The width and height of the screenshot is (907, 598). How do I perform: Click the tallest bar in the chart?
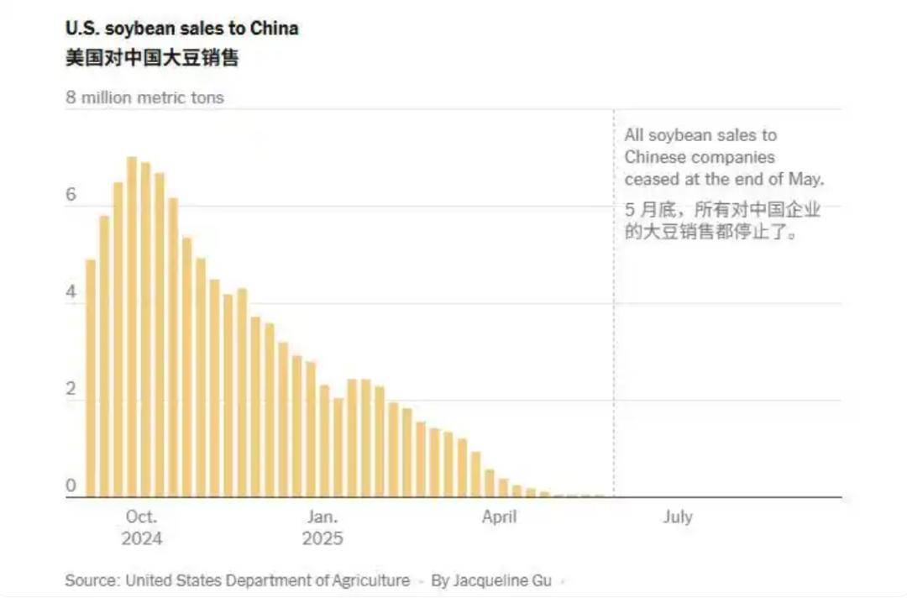point(132,328)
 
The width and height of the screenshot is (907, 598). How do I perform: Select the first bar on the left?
point(91,378)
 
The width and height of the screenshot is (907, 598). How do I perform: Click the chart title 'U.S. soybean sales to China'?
point(182,29)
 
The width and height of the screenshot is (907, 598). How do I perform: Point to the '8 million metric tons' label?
point(145,97)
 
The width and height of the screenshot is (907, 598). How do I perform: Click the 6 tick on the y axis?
point(71,195)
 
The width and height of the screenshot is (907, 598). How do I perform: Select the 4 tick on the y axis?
point(71,292)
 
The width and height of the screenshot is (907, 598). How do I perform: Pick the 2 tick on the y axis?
point(71,390)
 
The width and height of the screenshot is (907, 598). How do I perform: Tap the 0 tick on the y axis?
point(71,485)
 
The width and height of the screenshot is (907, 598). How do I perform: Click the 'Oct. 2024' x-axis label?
point(141,527)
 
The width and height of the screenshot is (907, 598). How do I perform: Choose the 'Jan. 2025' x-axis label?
point(322,527)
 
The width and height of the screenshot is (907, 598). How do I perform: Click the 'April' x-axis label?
point(499,517)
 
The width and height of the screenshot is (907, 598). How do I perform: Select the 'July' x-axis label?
point(677,517)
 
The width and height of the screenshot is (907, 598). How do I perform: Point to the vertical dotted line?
point(614,336)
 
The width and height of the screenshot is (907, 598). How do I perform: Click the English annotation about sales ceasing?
point(724,157)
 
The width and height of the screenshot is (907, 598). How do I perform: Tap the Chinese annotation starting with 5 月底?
point(722,221)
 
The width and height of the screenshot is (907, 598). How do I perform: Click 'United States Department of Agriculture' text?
point(268,580)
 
